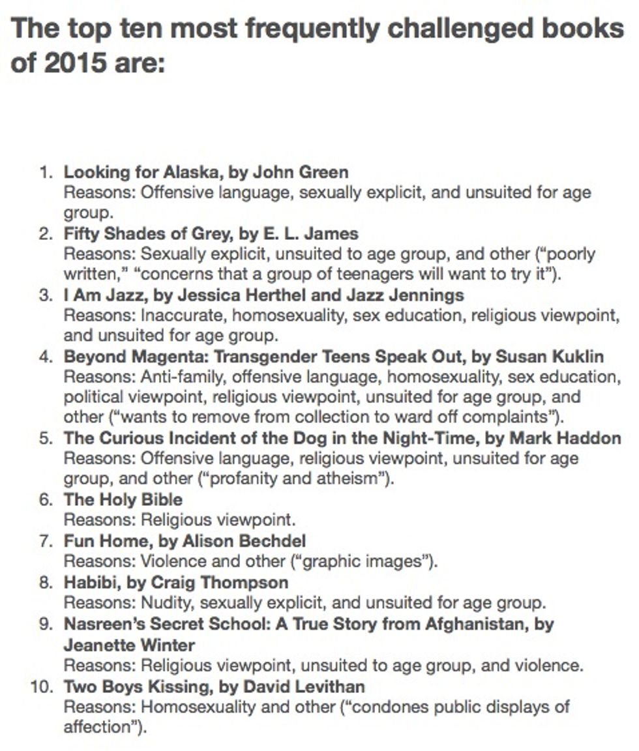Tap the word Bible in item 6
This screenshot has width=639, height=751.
pyautogui.click(x=162, y=499)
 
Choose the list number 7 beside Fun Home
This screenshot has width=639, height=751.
pyautogui.click(x=45, y=540)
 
